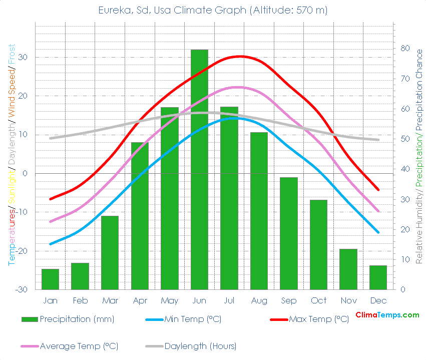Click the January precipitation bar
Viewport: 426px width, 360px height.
[50, 279]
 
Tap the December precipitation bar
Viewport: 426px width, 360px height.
[378, 277]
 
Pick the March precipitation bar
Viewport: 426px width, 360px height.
[110, 253]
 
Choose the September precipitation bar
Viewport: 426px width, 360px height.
[289, 233]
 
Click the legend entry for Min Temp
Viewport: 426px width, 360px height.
[193, 319]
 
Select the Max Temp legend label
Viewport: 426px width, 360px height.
[319, 319]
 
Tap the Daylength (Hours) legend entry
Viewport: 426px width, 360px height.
[200, 346]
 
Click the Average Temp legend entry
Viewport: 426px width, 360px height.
[79, 346]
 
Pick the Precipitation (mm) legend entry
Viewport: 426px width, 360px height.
[77, 319]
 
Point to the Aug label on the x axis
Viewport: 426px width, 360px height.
[259, 301]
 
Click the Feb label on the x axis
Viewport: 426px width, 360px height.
[80, 301]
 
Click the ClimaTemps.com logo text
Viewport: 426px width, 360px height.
[387, 315]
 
